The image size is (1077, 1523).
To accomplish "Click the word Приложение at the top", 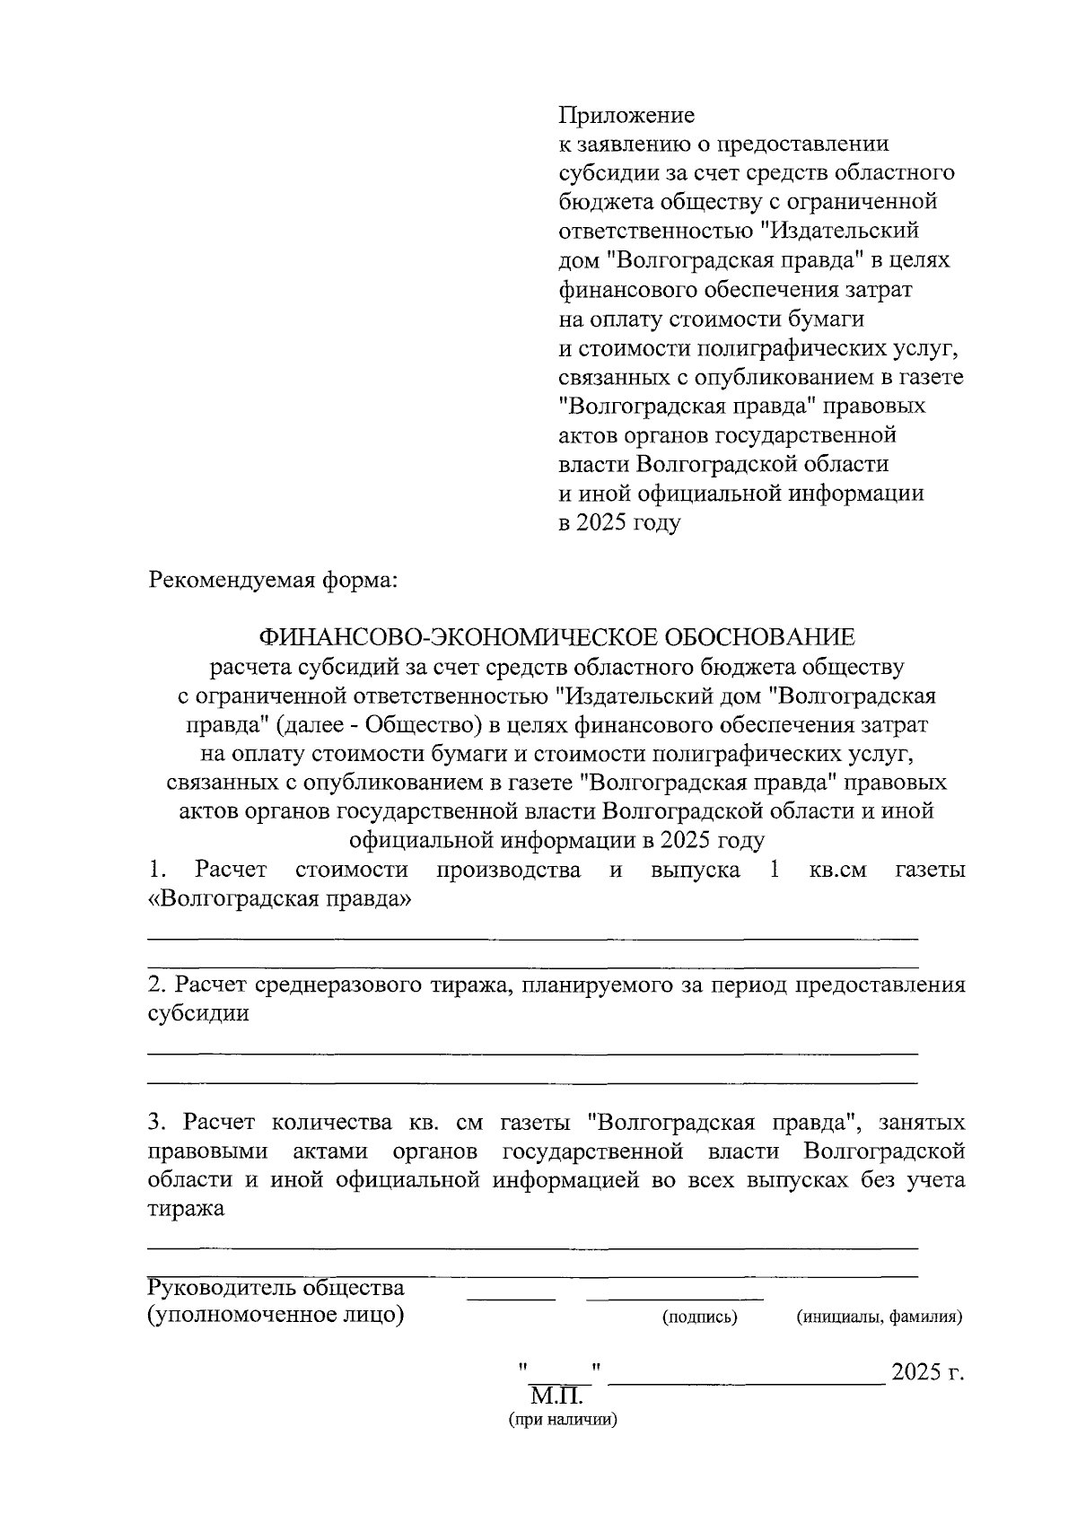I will (626, 116).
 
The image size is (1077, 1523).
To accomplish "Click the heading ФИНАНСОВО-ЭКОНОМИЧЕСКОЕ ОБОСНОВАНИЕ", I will (556, 637).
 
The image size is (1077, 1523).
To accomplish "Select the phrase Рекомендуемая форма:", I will (271, 580).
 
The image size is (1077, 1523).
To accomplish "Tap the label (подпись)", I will (699, 1317).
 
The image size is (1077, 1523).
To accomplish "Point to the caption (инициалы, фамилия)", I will (879, 1317).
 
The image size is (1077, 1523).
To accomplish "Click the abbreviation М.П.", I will (556, 1396).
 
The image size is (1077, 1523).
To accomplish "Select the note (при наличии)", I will (563, 1421).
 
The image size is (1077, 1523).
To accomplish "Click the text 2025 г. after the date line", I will (927, 1373).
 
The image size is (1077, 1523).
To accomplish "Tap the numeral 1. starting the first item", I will (157, 870).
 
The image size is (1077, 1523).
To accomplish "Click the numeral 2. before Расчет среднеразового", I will (156, 985).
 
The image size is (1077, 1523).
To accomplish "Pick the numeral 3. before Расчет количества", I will (157, 1123).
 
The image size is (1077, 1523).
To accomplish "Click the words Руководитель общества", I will (275, 1288).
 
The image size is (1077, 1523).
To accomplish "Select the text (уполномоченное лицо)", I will (275, 1317).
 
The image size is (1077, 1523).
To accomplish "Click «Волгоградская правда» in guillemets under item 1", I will (278, 899).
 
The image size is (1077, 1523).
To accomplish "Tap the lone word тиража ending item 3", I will (186, 1209).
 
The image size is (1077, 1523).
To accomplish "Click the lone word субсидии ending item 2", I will (197, 1015).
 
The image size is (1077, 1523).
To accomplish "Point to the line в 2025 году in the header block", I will (619, 522).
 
